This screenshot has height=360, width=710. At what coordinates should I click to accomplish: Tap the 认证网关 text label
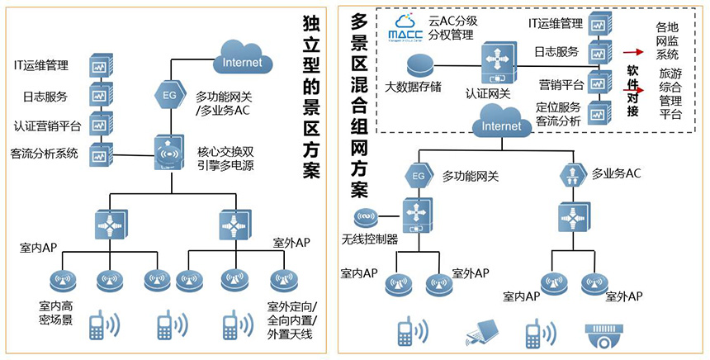pyautogui.click(x=488, y=94)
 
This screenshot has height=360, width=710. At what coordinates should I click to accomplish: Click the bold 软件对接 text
pyautogui.click(x=633, y=91)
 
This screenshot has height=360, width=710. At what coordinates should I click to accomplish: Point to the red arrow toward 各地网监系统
pyautogui.click(x=634, y=51)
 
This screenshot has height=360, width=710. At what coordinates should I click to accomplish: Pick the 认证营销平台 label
pyautogui.click(x=47, y=126)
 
